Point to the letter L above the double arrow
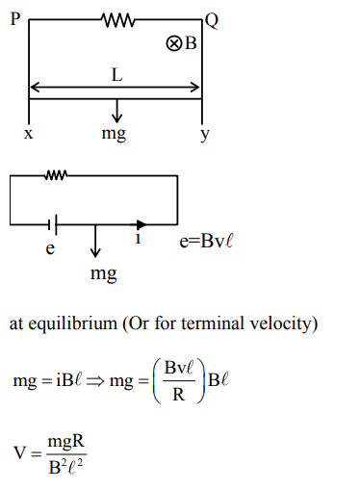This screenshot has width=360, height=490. [116, 74]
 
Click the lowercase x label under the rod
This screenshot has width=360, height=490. [28, 135]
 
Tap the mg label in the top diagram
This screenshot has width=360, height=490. [114, 134]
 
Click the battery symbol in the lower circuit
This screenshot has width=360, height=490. [55, 223]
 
